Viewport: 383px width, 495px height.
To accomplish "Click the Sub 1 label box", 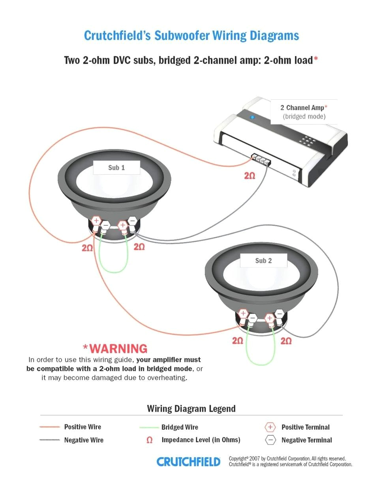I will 116,168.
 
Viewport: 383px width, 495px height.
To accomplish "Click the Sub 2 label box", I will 263,261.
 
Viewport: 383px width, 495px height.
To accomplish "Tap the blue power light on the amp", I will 252,117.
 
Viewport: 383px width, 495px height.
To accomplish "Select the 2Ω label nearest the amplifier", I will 250,176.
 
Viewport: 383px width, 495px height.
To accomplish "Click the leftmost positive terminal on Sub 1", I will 96,221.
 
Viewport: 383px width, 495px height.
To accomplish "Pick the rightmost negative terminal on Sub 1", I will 132,220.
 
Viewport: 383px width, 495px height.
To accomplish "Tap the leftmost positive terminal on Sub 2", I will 243,314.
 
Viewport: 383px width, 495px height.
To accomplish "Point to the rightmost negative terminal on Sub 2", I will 280,314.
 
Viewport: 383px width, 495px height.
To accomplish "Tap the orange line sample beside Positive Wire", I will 49,427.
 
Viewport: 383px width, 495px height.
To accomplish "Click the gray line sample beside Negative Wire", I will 49,440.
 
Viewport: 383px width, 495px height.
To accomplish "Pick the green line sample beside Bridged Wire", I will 149,427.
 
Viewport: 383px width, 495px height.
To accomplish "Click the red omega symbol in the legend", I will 149,440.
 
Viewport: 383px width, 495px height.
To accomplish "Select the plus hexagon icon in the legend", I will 270,427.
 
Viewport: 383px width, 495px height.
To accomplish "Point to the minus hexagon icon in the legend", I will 270,440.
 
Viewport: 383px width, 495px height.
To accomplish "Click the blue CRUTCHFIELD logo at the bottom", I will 188,462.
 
